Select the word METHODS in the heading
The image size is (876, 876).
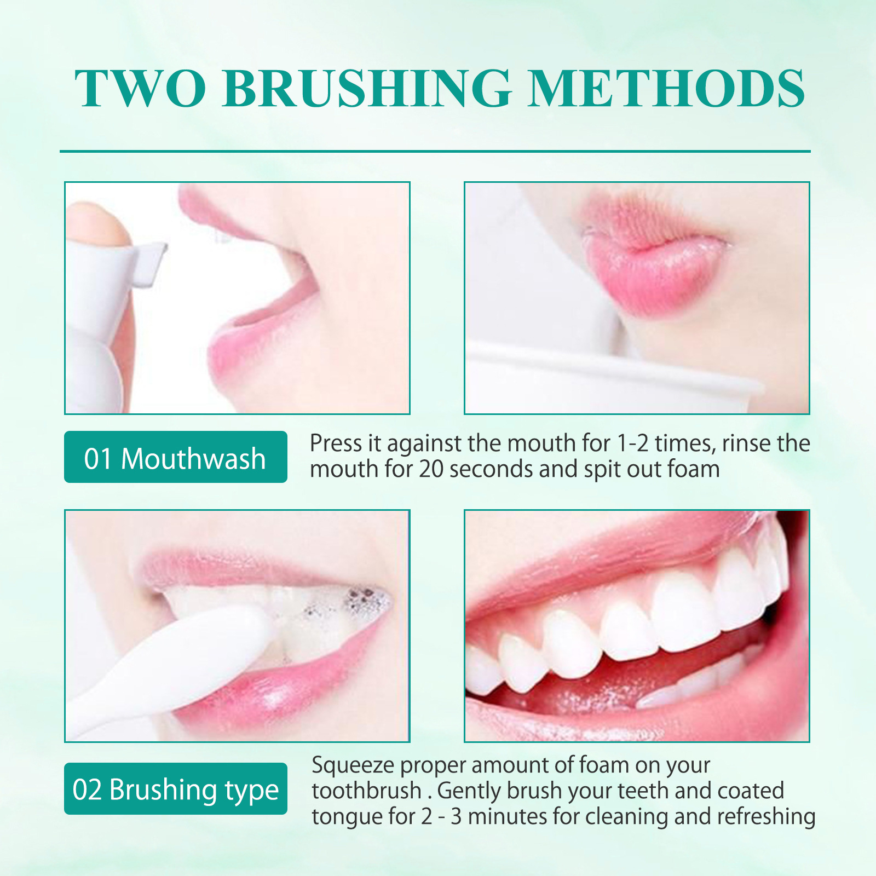tap(666, 89)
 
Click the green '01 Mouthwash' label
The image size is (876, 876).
tap(175, 457)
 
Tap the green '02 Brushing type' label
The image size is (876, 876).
tap(175, 789)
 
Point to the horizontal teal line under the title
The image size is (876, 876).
tap(435, 151)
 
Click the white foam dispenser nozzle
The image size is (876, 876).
tap(148, 266)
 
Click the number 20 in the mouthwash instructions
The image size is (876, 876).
tap(431, 470)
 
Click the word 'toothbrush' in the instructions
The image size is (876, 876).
tap(366, 791)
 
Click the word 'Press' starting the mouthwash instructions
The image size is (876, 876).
tap(335, 443)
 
